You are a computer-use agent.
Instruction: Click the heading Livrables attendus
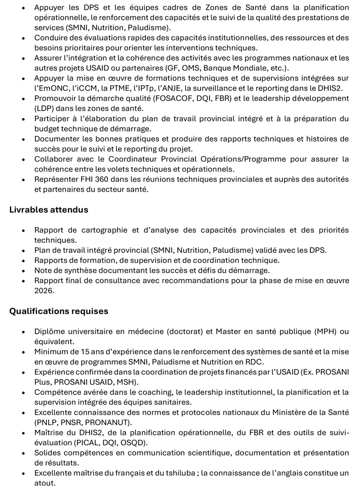(x=49, y=209)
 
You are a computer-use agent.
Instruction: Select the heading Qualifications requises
(x=59, y=311)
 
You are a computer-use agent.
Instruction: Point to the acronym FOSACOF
(x=157, y=98)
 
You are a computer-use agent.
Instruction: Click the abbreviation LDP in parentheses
(x=44, y=108)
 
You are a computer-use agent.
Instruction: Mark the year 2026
(x=44, y=291)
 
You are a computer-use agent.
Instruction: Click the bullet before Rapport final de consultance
(x=23, y=281)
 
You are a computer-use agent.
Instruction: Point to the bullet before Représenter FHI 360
(x=23, y=179)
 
